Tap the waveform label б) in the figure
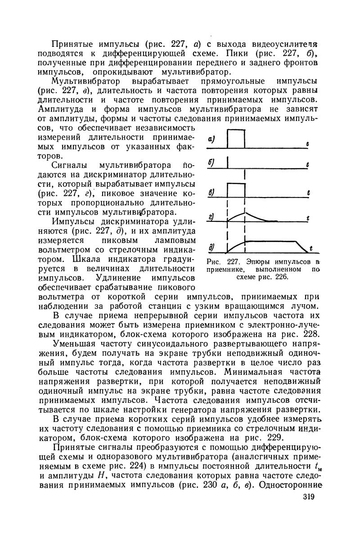(211, 162)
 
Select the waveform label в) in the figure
(211, 193)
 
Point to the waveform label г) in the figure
(211, 217)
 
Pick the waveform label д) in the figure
(211, 247)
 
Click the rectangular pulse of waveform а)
(236, 138)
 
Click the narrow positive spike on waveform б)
(228, 162)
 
